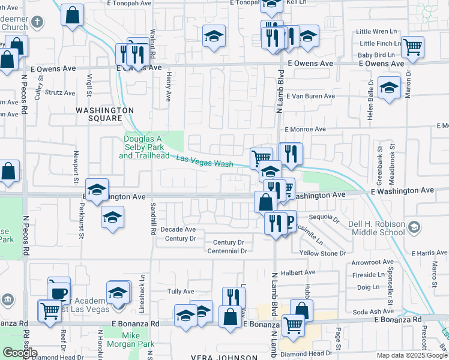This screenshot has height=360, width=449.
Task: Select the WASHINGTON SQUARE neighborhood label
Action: pyautogui.click(x=104, y=114)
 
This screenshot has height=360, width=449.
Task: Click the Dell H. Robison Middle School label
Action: pyautogui.click(x=376, y=228)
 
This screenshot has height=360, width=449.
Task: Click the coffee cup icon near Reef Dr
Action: pyautogui.click(x=59, y=293)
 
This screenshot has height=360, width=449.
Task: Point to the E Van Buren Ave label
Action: pyautogui.click(x=310, y=96)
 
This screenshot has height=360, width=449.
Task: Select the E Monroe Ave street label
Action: pyautogui.click(x=305, y=129)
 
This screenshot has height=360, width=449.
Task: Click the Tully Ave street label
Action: pyautogui.click(x=181, y=292)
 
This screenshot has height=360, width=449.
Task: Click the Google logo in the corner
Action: pyautogui.click(x=20, y=353)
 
